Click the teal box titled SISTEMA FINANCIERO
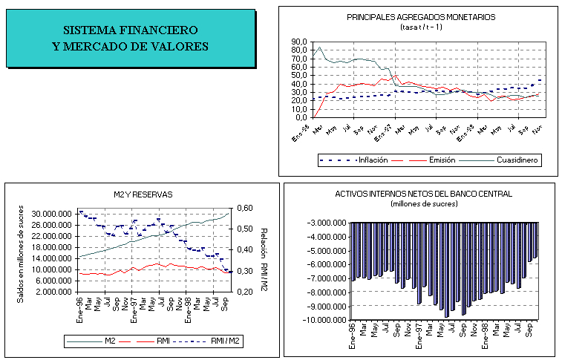coord(130,38)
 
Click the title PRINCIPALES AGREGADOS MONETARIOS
coord(421,16)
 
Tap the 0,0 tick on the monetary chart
coord(301,117)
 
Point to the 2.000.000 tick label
coord(53,292)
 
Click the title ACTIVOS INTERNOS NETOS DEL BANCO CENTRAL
coord(423,194)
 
